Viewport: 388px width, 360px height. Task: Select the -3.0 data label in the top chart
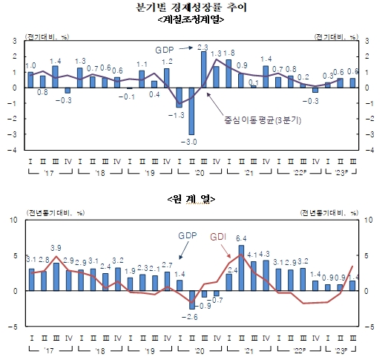[191, 141]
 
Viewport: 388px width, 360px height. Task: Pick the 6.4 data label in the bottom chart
[241, 238]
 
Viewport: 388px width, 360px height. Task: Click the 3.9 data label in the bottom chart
[56, 247]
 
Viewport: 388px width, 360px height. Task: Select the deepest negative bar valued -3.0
[191, 111]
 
